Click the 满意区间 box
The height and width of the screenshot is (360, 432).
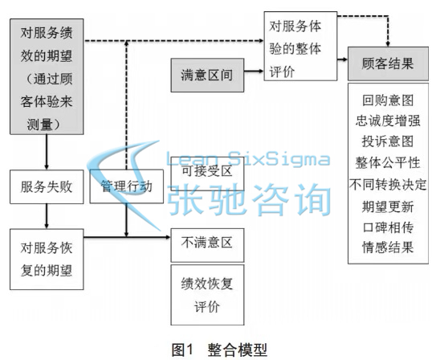pos(207,75)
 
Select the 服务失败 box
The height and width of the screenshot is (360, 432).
pos(47,186)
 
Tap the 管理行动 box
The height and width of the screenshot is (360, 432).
pos(126,186)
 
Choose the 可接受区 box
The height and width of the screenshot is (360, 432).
pos(207,174)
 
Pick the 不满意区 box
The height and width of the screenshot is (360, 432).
pos(207,245)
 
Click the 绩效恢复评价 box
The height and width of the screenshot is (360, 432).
pos(207,295)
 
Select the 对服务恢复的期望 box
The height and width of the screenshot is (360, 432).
pos(47,259)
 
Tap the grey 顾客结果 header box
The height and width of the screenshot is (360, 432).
pos(388,63)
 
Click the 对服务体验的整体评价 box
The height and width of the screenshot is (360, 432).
pos(300,46)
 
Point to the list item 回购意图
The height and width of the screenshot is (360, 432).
pos(388,100)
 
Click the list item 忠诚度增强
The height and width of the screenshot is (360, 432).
pos(388,121)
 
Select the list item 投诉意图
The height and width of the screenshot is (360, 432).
pos(388,141)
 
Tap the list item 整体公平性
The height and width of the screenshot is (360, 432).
pos(388,162)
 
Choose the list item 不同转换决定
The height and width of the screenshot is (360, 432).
pos(388,184)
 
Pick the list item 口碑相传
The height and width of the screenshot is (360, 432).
pos(388,227)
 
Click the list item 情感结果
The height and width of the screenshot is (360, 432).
pos(388,247)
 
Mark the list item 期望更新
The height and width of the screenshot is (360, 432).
pos(388,207)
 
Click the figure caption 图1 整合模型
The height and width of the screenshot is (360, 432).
pos(219,350)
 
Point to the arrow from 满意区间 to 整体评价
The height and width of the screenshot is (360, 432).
pos(254,72)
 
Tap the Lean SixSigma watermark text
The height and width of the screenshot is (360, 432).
pos(248,159)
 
